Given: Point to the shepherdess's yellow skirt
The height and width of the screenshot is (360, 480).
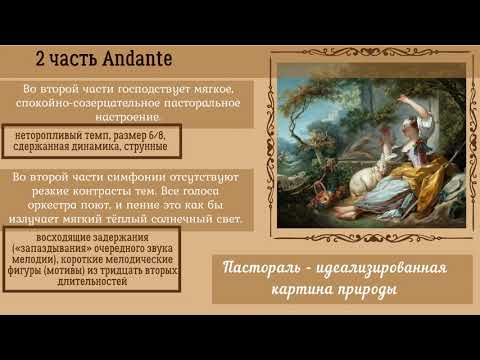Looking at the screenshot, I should (x=385, y=200).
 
